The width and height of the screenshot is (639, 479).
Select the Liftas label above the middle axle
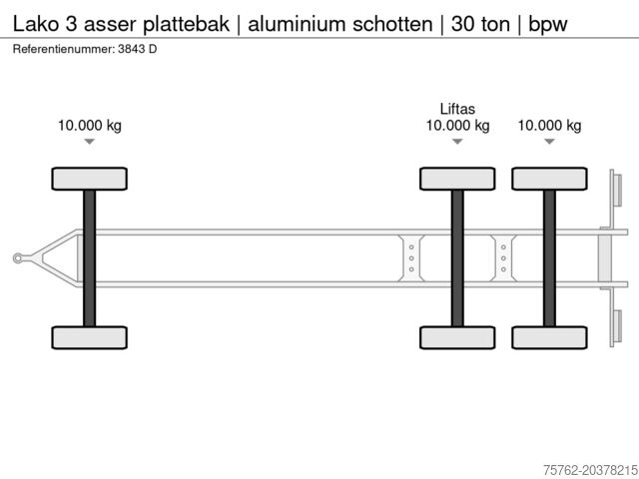click(457, 109)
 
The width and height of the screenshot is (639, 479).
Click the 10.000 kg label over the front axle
click(90, 126)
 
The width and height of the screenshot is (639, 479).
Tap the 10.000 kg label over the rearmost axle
click(549, 126)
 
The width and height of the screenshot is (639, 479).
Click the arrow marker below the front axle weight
click(90, 142)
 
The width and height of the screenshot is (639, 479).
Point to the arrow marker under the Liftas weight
click(457, 142)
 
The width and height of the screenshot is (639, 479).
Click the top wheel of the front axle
click(90, 179)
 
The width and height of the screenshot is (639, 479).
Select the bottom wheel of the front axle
click(90, 337)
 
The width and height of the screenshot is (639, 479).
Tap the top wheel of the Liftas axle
click(457, 179)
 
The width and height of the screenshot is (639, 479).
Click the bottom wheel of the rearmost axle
click(549, 337)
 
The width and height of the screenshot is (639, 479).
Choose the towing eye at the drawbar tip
click(18, 258)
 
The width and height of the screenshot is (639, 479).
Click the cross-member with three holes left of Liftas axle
click(411, 258)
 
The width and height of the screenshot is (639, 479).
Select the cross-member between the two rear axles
click(503, 258)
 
